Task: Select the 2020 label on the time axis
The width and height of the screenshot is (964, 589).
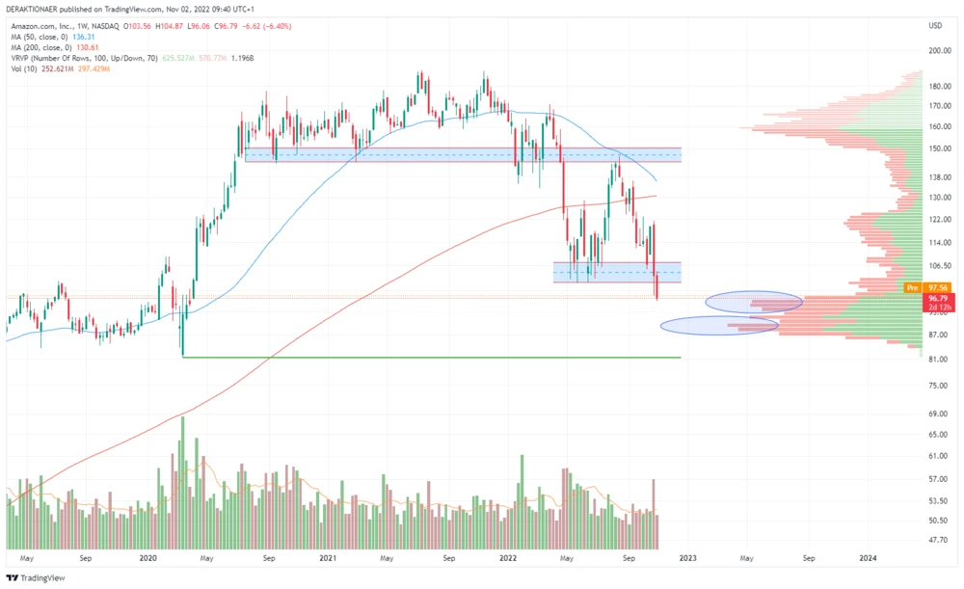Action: coord(147,558)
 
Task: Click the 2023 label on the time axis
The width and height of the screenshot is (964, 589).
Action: coord(687,558)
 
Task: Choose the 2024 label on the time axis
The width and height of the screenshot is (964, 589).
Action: coord(868,558)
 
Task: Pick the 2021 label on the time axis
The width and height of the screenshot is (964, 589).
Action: coord(328,558)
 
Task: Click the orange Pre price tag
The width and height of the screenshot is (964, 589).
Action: coord(912,287)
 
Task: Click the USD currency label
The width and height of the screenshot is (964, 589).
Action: coord(934,25)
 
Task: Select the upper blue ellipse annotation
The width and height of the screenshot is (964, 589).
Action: coord(754,302)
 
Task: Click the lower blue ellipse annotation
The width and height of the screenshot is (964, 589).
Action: coord(719,326)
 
